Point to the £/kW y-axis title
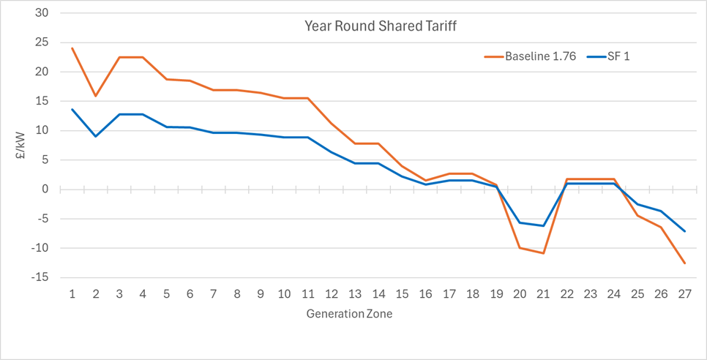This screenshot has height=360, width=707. (23, 146)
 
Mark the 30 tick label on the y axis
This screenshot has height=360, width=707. (42, 13)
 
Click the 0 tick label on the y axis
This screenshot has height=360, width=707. (45, 190)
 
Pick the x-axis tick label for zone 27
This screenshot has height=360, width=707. (684, 294)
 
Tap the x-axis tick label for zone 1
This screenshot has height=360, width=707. (72, 294)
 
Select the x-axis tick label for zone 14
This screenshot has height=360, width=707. (378, 294)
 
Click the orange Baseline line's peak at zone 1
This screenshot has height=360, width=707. (72, 48)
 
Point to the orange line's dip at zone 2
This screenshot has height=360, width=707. (96, 96)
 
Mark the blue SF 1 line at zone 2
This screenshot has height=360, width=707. (96, 136)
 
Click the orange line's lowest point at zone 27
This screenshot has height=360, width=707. (684, 263)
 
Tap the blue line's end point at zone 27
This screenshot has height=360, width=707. (684, 231)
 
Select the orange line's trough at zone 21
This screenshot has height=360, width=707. (543, 253)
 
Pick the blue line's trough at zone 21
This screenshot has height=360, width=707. (543, 225)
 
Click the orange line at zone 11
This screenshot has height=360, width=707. (308, 98)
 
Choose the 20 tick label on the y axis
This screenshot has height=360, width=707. (42, 72)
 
